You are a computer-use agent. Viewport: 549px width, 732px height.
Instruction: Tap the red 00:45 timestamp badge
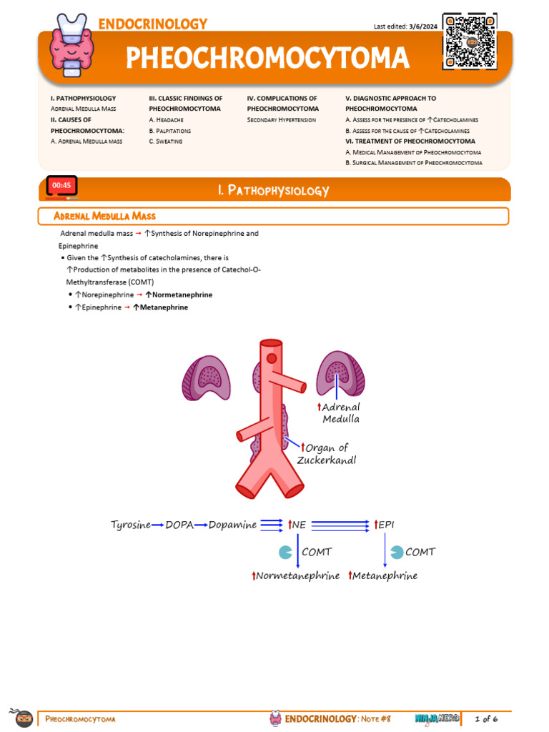pyautogui.click(x=61, y=186)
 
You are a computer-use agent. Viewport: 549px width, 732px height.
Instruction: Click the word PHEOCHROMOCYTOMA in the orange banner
pyautogui.click(x=267, y=58)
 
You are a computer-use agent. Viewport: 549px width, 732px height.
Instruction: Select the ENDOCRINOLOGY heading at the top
pyautogui.click(x=153, y=24)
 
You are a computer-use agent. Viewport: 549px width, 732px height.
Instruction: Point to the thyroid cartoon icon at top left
pyautogui.click(x=72, y=44)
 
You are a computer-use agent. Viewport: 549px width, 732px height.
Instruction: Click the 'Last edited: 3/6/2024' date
pyautogui.click(x=405, y=26)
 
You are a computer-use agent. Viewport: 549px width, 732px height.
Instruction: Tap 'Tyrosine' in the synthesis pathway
pyautogui.click(x=131, y=525)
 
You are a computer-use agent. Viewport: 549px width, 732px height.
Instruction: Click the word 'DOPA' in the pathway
pyautogui.click(x=179, y=525)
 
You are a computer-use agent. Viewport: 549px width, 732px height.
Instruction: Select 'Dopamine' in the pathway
pyautogui.click(x=232, y=525)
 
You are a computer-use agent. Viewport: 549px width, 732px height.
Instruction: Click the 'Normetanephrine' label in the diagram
pyautogui.click(x=297, y=575)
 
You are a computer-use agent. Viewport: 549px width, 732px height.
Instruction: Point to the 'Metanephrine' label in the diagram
pyautogui.click(x=385, y=575)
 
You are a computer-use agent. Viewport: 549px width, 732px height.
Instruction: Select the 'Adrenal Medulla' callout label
pyautogui.click(x=341, y=412)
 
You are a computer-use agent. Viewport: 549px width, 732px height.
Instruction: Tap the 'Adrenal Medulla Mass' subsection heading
pyautogui.click(x=105, y=216)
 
